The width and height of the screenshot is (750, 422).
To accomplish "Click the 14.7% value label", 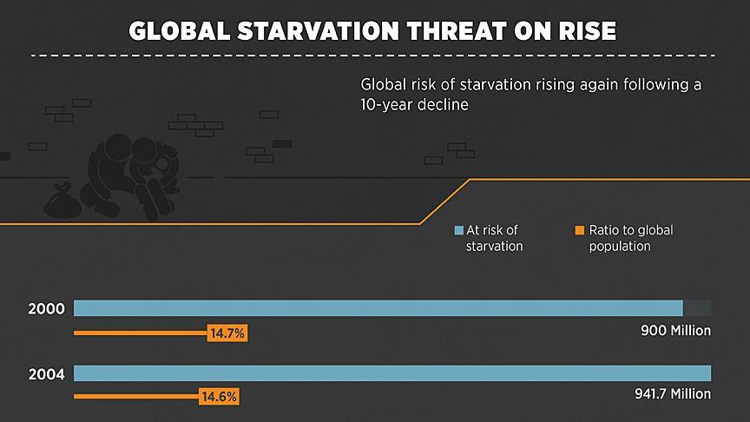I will [228, 333].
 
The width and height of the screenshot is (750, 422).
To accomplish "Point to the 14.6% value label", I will [220, 397].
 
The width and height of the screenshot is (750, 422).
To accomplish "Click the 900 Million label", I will [675, 331].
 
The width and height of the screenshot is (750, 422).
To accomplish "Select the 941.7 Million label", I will [672, 394].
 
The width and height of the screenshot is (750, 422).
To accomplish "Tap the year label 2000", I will [45, 309].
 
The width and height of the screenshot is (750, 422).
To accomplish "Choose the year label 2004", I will [45, 374].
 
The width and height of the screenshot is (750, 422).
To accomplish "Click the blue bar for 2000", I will [378, 308].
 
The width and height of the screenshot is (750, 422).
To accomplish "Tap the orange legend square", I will [579, 231].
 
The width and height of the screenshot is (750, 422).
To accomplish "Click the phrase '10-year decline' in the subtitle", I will [415, 105].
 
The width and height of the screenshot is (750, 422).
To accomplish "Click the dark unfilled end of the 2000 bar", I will [697, 308].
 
